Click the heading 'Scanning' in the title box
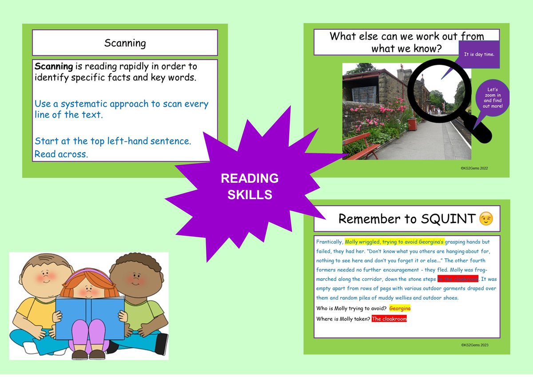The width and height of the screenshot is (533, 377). [x=125, y=43]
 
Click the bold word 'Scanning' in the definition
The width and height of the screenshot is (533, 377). [x=54, y=67]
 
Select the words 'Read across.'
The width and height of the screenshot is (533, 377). [x=61, y=154]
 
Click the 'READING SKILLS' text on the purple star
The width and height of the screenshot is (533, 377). [x=250, y=186]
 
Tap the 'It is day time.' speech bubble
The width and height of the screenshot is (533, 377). [x=479, y=55]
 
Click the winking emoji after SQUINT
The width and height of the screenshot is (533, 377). [x=486, y=219]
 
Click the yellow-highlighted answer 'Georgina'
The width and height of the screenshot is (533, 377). [x=399, y=308]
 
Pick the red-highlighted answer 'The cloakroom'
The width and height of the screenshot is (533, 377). [x=389, y=319]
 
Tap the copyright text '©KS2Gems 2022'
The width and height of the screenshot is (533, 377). [x=475, y=168]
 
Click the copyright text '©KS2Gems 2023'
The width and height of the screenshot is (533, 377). [x=475, y=345]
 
